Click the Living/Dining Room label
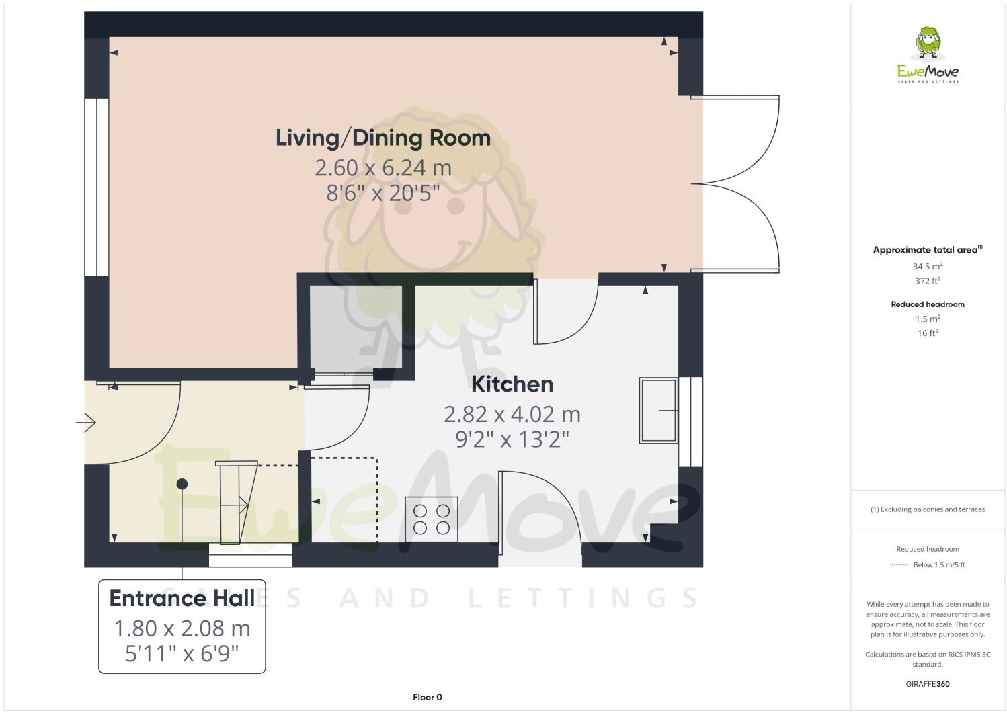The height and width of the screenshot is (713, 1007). click(x=383, y=138)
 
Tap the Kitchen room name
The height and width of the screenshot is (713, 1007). click(x=512, y=384)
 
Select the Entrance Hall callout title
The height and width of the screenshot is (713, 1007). click(x=182, y=598)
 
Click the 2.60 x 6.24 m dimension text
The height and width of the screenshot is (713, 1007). click(x=383, y=167)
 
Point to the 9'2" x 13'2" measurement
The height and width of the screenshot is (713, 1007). click(x=512, y=439)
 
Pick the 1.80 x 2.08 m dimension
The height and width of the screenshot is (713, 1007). click(x=182, y=628)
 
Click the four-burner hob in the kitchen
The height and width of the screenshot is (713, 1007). click(x=432, y=519)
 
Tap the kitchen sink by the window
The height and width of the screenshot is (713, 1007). click(x=658, y=410)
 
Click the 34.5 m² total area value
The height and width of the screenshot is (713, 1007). click(x=928, y=266)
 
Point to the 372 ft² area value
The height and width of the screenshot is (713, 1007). click(x=928, y=281)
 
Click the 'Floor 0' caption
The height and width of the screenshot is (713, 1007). click(x=427, y=697)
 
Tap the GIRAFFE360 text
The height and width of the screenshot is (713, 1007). click(x=928, y=684)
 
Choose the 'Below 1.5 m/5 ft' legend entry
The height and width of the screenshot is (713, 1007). click(x=938, y=564)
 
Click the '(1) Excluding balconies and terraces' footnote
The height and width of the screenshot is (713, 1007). click(x=928, y=509)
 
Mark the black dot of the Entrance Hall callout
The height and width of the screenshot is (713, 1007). click(x=182, y=484)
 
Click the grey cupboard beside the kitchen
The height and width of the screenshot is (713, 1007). click(x=356, y=327)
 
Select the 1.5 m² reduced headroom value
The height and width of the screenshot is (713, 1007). click(x=928, y=319)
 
